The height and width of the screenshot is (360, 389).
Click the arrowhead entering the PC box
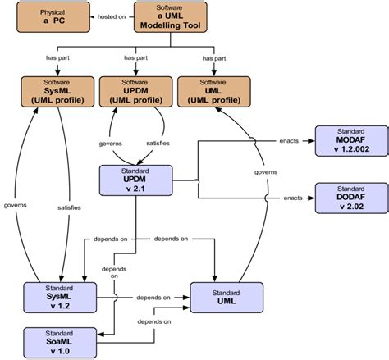pyautogui.click(x=85, y=16)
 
